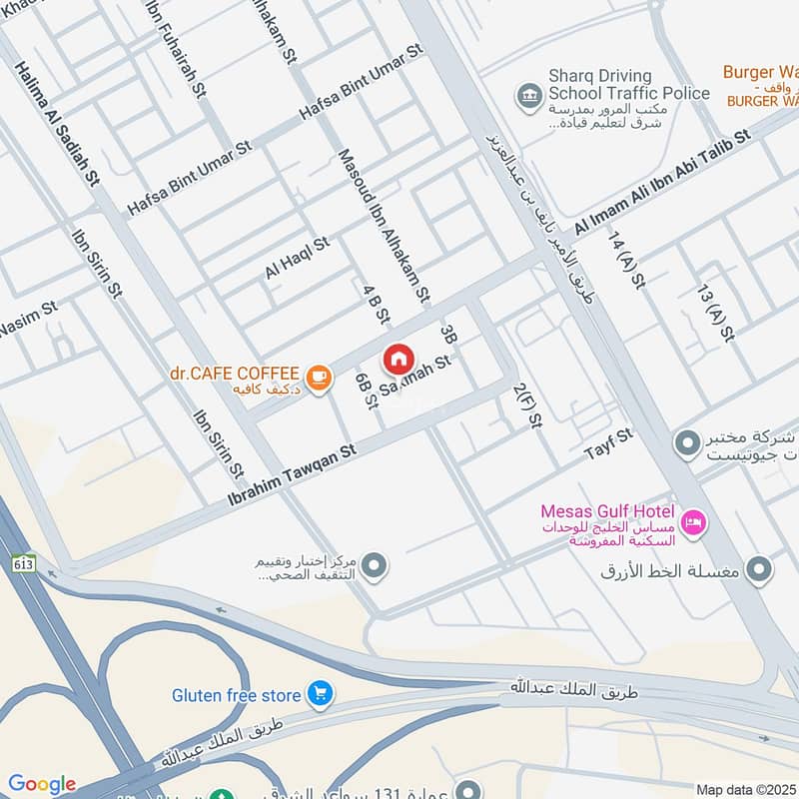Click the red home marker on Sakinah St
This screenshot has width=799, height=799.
[x=398, y=359]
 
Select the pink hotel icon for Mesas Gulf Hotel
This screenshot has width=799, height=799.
[x=692, y=520]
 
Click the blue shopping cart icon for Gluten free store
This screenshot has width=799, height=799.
[x=320, y=693]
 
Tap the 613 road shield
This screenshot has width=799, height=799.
[x=25, y=563]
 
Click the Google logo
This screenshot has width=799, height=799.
[x=42, y=784]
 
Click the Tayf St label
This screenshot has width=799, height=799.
[x=608, y=446]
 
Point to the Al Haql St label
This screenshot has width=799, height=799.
[x=297, y=258]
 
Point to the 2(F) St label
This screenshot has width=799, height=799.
[x=525, y=406]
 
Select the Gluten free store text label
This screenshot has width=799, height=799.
[x=237, y=694]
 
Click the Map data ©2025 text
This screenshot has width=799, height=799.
[x=745, y=789]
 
